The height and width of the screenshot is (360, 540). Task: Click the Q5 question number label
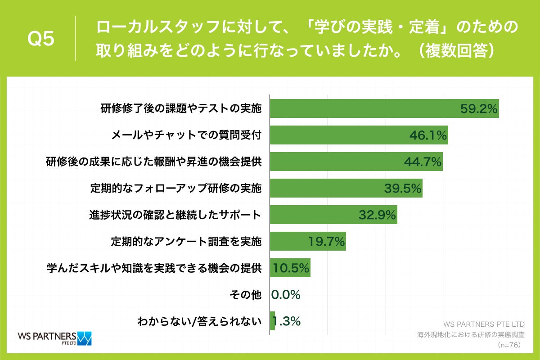41,39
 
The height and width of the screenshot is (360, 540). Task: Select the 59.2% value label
478,108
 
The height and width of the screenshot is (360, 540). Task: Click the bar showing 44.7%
355,162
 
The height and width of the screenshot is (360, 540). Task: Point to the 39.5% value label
403,188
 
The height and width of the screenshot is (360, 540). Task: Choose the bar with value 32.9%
333,215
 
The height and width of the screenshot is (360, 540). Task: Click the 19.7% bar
307,242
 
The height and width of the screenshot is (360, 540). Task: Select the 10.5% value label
290,268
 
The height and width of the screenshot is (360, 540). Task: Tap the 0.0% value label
286,295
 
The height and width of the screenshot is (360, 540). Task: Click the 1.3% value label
287,321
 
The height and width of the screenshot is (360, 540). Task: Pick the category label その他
245,295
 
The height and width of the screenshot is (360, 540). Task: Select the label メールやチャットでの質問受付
186,135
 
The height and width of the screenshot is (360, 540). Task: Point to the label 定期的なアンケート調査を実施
186,242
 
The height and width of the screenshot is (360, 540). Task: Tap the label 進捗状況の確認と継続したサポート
175,215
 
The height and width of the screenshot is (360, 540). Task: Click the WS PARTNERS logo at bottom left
54,337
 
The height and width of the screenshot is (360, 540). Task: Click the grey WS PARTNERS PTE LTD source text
484,324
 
